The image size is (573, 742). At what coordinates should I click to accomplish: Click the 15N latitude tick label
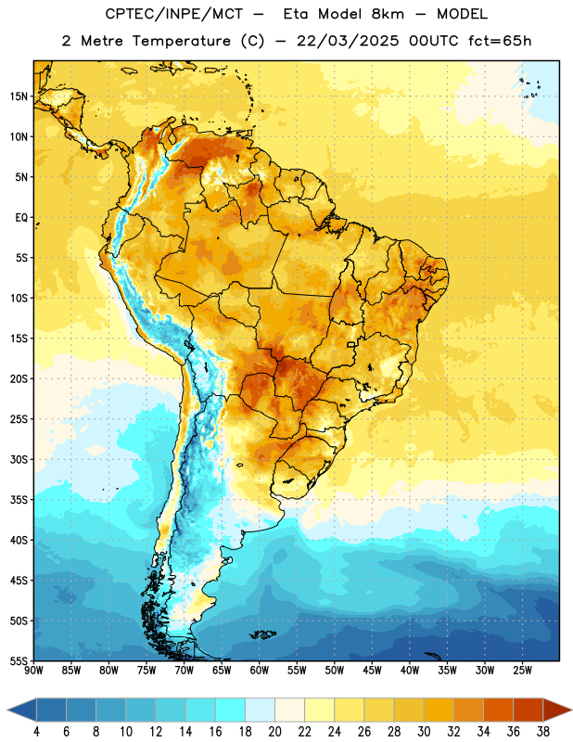click(x=19, y=96)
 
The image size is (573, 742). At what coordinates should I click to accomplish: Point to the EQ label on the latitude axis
click(x=21, y=218)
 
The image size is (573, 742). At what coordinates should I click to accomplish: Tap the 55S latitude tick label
click(x=19, y=660)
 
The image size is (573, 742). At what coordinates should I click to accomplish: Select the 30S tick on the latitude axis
click(x=19, y=459)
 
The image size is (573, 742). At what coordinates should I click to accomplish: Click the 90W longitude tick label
click(x=33, y=671)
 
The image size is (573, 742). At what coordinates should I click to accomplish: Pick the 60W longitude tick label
click(x=260, y=671)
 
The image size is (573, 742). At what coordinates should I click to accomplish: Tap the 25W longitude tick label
click(x=522, y=671)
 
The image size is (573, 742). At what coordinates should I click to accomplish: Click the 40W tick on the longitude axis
click(x=410, y=671)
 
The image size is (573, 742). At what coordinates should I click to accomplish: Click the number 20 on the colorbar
click(x=274, y=732)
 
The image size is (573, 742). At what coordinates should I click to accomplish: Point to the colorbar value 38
click(x=543, y=732)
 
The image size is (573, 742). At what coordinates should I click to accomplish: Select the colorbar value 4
click(x=36, y=732)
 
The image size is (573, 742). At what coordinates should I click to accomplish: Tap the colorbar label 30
click(x=424, y=732)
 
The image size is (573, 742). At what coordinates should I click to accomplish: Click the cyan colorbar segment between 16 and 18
click(x=231, y=710)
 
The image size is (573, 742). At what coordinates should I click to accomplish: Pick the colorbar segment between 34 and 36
click(x=499, y=710)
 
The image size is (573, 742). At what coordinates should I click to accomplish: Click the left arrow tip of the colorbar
click(x=7, y=710)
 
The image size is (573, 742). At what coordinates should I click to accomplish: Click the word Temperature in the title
click(x=181, y=41)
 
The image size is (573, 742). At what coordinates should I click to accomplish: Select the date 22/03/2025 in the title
click(x=348, y=41)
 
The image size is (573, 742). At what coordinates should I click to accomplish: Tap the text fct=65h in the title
click(x=500, y=41)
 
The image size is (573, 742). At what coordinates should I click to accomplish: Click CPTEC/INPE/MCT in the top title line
click(x=174, y=14)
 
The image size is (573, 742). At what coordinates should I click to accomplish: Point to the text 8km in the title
click(x=388, y=14)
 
